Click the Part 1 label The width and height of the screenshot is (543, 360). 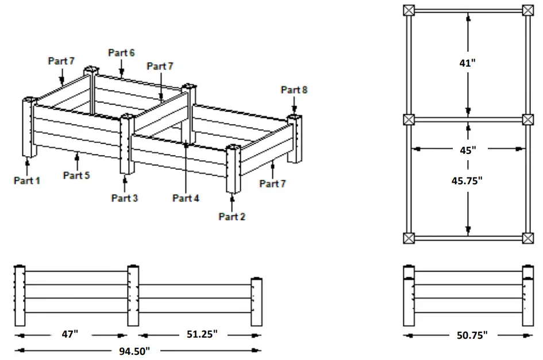click(27, 181)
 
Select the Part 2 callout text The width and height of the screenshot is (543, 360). click(232, 216)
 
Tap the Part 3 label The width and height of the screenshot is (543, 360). click(125, 198)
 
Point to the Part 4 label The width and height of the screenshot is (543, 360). click(186, 198)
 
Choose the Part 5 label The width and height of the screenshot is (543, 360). click(76, 175)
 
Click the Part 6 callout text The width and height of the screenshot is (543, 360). click(121, 53)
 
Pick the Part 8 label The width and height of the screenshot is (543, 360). click(294, 90)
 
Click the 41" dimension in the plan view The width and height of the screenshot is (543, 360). click(469, 63)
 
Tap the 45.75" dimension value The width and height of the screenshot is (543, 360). click(469, 180)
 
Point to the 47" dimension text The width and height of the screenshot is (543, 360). click(72, 335)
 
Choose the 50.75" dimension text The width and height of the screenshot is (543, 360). click(469, 335)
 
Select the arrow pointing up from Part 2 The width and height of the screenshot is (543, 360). click(232, 202)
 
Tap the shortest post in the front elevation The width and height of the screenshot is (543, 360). click(256, 302)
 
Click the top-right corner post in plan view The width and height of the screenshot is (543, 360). click(528, 10)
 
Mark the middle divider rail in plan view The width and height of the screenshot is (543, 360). click(468, 119)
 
